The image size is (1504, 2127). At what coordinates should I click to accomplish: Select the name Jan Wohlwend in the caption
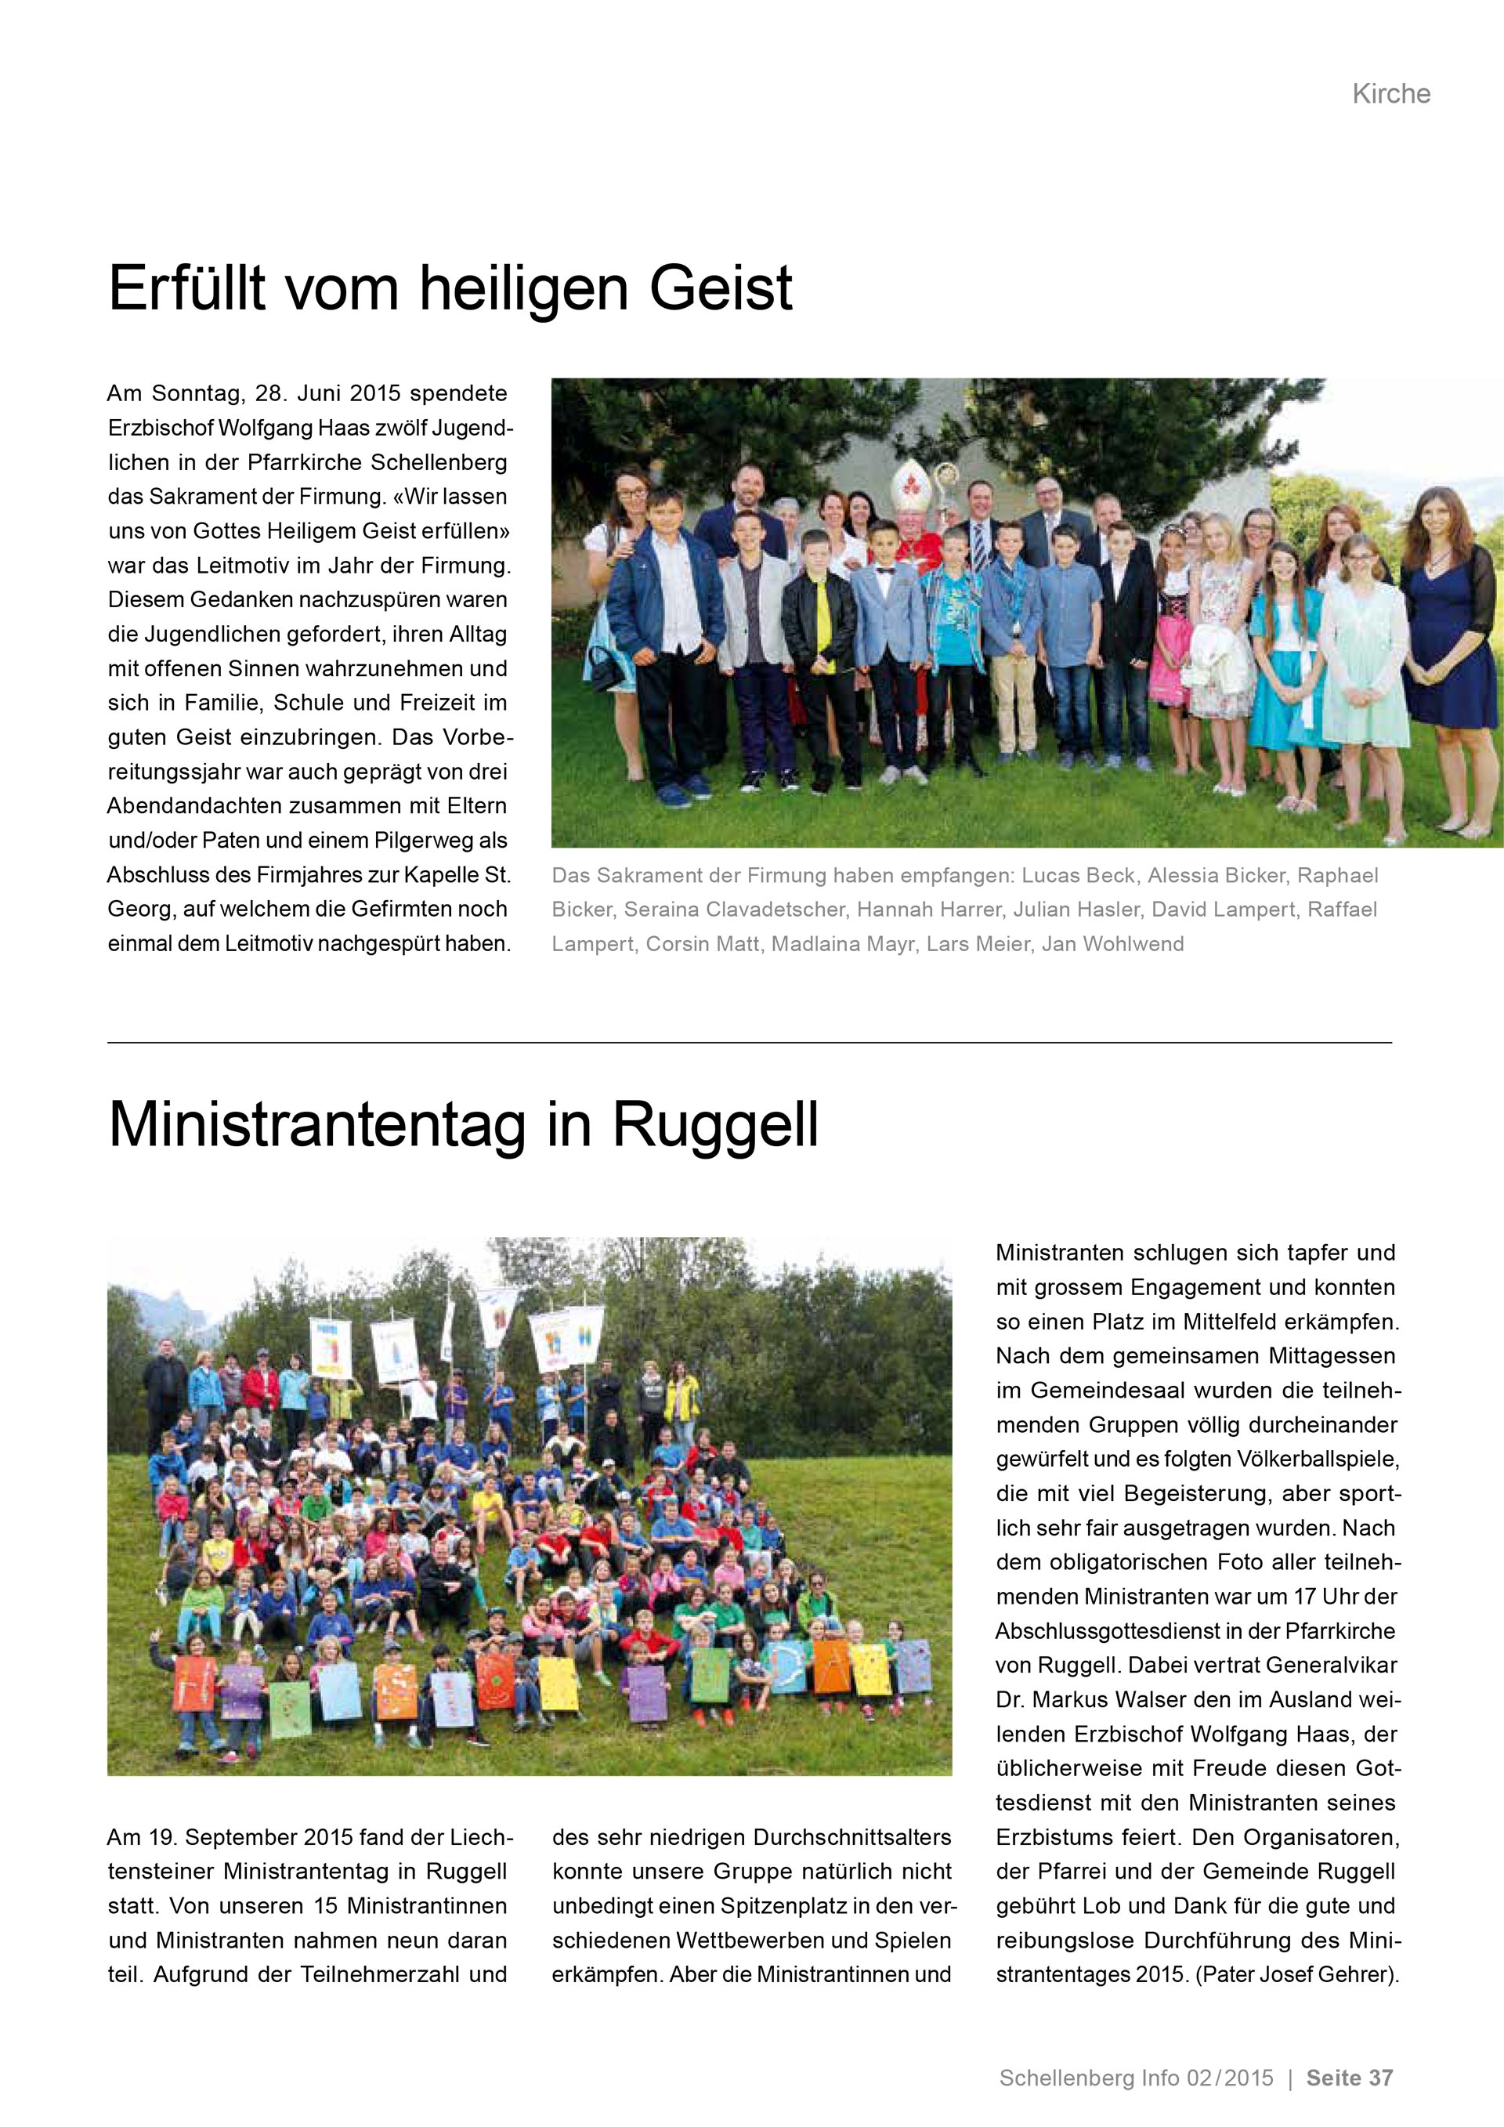click(1112, 944)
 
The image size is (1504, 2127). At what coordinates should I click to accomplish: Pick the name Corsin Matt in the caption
click(702, 944)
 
